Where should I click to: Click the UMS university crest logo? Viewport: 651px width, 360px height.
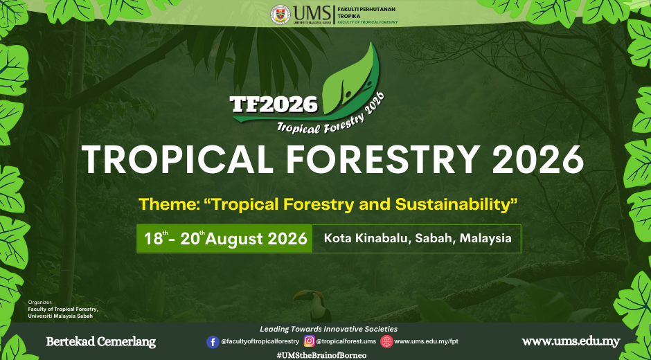click(x=280, y=15)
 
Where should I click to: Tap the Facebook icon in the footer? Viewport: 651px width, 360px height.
click(x=213, y=342)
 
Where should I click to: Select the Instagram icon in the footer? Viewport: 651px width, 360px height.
click(x=309, y=341)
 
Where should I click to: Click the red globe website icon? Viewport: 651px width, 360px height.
click(x=386, y=341)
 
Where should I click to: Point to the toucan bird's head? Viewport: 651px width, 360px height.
click(x=310, y=297)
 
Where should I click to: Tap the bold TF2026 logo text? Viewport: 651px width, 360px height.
click(x=274, y=105)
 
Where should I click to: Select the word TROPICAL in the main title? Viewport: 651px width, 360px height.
click(x=177, y=160)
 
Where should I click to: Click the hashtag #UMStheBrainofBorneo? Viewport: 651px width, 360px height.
click(x=321, y=355)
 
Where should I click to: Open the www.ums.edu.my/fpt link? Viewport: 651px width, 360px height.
click(x=426, y=341)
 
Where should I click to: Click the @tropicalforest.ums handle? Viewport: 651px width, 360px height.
click(x=346, y=341)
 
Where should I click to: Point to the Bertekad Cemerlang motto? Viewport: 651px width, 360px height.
click(x=101, y=342)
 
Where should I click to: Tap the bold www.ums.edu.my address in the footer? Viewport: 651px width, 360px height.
click(x=571, y=342)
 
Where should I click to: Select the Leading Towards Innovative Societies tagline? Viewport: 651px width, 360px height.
click(x=328, y=329)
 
